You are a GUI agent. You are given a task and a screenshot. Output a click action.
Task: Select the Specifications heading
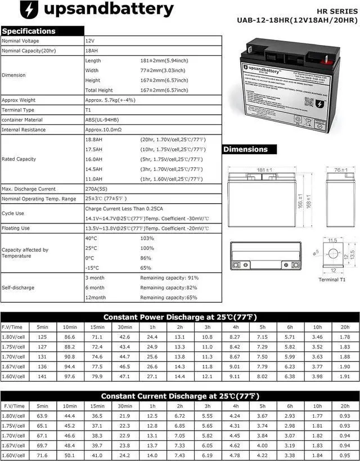(29, 31)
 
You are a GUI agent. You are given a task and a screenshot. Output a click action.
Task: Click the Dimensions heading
(245, 149)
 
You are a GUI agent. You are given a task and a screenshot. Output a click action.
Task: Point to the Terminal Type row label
(18, 110)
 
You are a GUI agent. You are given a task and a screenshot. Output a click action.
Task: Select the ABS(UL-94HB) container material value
(102, 120)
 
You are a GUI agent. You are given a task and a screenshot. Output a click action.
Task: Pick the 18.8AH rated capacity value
(93, 139)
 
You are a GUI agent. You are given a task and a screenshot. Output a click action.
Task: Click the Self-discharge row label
(18, 288)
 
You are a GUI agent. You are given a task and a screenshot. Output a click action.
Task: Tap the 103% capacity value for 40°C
(147, 239)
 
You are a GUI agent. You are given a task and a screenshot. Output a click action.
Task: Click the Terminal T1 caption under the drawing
(336, 280)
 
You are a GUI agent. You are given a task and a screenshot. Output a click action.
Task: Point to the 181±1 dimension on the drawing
(264, 170)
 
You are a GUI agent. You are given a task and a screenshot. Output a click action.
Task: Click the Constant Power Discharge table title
(179, 317)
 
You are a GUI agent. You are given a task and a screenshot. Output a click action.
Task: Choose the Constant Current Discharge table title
(179, 396)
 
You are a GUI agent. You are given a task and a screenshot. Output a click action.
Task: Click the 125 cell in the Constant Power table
(42, 337)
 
